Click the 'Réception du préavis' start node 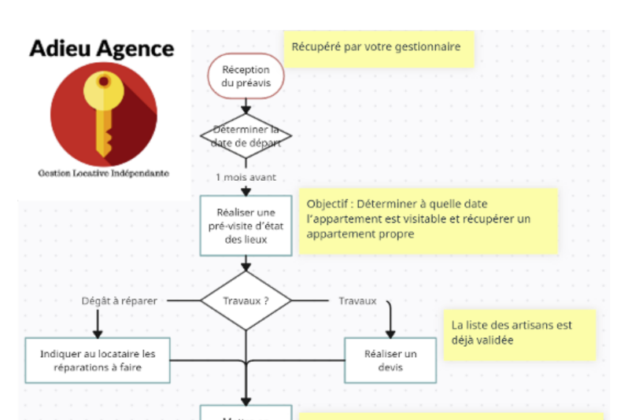[246, 76]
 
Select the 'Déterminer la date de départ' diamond [246, 136]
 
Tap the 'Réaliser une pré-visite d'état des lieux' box [246, 226]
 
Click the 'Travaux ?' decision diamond [246, 300]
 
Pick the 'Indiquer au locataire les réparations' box [98, 360]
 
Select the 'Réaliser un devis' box [390, 360]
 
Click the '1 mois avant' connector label [246, 177]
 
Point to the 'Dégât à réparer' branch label [119, 300]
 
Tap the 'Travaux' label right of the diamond [357, 300]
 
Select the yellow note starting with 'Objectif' [428, 219]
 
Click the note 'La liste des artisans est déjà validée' [519, 333]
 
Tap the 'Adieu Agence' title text [102, 49]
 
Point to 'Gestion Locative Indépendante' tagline [102, 173]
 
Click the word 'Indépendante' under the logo [142, 173]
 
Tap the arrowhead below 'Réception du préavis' [246, 109]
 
